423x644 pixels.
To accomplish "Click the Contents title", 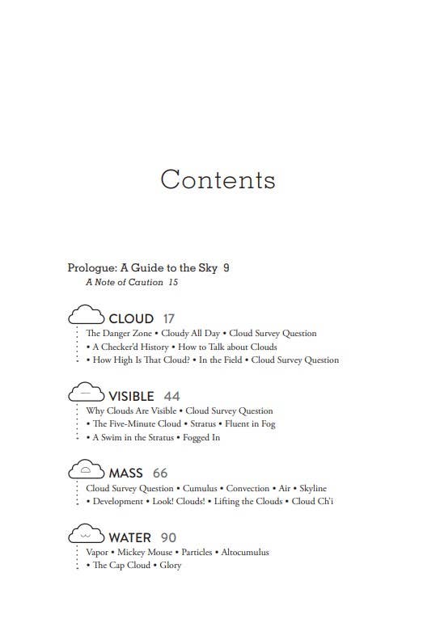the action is (218, 179).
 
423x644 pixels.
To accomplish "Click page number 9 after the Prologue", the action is (226, 267).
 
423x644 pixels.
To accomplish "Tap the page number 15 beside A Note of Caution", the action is (173, 283).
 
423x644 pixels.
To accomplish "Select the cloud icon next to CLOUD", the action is (87, 317).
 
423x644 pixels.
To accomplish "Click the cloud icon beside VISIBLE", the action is (87, 394).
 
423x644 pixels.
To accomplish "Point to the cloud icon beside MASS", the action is (87, 471).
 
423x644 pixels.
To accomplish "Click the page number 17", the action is (168, 318).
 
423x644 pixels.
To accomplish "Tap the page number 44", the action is (171, 396).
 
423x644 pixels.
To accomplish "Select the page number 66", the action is (160, 473).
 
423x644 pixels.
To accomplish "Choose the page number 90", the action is (167, 537).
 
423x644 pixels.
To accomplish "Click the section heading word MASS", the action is (125, 473).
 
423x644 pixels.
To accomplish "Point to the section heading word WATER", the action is (130, 537).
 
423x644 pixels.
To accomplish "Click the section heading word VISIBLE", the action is (131, 396).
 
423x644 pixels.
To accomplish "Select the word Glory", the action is (170, 565).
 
